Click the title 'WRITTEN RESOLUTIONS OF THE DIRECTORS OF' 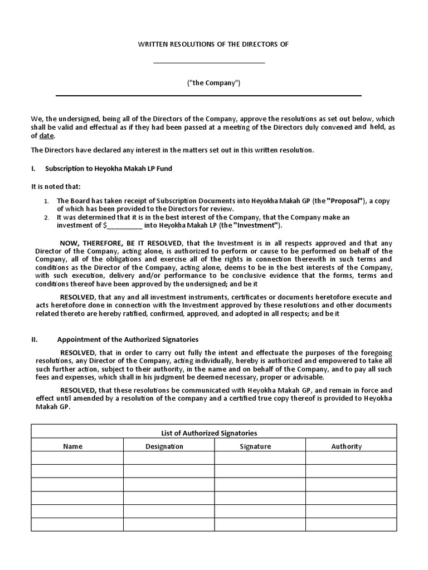tap(213, 44)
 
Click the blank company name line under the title tap(209, 62)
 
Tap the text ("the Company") tap(213, 83)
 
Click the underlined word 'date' tap(46, 136)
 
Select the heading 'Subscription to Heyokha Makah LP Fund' tap(108, 168)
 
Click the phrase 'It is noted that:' tap(56, 186)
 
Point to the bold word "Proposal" tap(346, 200)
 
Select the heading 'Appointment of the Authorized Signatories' tap(128, 339)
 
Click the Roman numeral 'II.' tap(35, 339)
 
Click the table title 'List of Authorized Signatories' tap(213, 433)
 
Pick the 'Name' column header tap(72, 446)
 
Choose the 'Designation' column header tap(164, 446)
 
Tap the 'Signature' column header tap(255, 446)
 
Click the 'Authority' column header tap(346, 446)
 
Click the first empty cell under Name tap(77, 458)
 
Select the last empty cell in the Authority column tap(351, 524)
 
